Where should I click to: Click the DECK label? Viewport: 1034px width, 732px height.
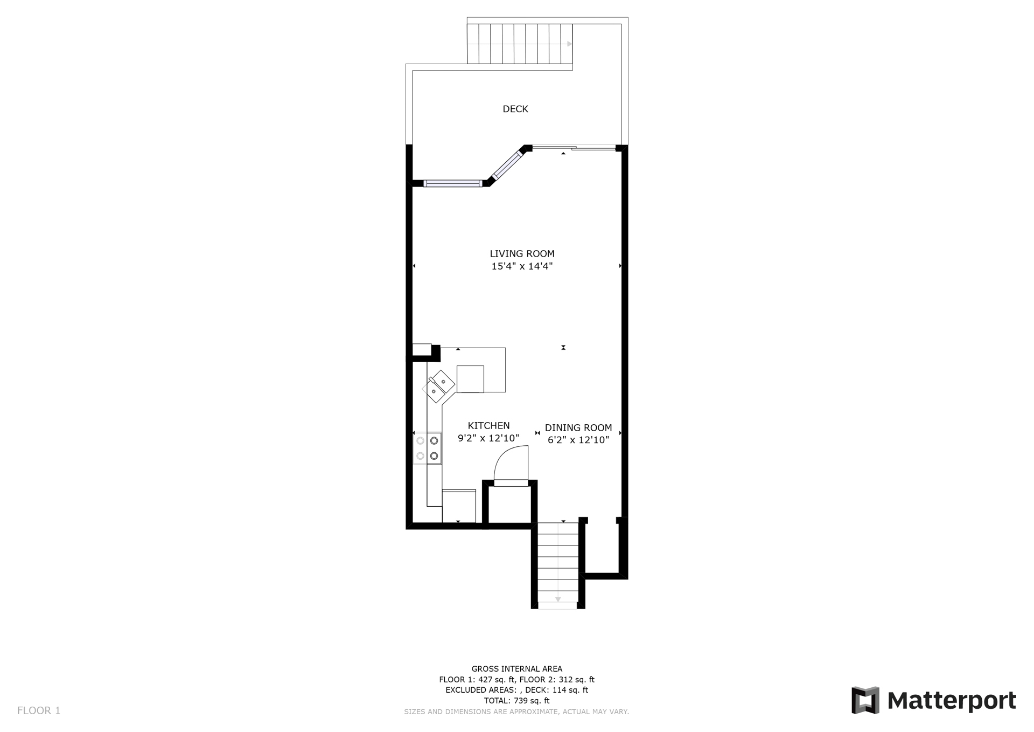(515, 109)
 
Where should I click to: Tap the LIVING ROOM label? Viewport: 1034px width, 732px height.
(522, 253)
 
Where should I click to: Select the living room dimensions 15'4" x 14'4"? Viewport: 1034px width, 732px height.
(522, 266)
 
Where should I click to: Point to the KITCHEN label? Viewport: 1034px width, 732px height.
(488, 425)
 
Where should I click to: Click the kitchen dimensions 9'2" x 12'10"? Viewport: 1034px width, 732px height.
(488, 438)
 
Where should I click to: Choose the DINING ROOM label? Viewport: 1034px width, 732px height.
(578, 427)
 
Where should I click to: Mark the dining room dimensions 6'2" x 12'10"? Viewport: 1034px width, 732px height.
(578, 440)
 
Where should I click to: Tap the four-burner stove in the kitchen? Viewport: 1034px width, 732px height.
(427, 448)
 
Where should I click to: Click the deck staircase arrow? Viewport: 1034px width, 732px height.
(569, 44)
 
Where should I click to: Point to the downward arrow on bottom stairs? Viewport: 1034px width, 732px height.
(558, 599)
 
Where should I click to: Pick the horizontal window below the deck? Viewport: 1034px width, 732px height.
(453, 183)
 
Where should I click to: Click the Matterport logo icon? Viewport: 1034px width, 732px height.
(865, 700)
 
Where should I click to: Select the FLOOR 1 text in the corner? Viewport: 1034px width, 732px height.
(39, 710)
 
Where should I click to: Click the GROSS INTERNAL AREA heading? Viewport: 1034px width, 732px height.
(517, 669)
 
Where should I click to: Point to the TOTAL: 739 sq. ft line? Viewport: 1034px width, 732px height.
(517, 701)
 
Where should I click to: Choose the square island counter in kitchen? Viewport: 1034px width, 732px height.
(470, 379)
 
